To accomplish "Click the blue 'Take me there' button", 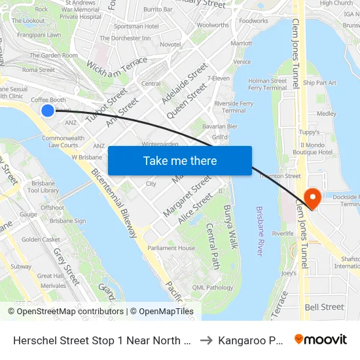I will click(180, 161).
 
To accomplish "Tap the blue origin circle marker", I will click(48, 111).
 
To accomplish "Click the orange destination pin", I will click(312, 198).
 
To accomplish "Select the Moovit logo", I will click(321, 339).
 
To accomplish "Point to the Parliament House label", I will click(171, 248).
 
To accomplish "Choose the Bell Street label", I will click(324, 307).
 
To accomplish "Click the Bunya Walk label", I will click(229, 226).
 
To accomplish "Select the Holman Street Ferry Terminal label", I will click(267, 84).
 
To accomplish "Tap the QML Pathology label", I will click(213, 287).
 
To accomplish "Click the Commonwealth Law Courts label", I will click(63, 141).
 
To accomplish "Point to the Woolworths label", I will click(213, 25).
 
